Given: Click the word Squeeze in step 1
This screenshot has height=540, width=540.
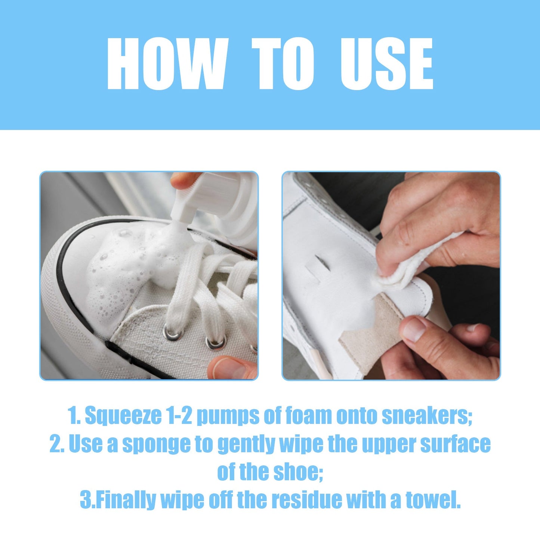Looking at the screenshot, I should [123, 416].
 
